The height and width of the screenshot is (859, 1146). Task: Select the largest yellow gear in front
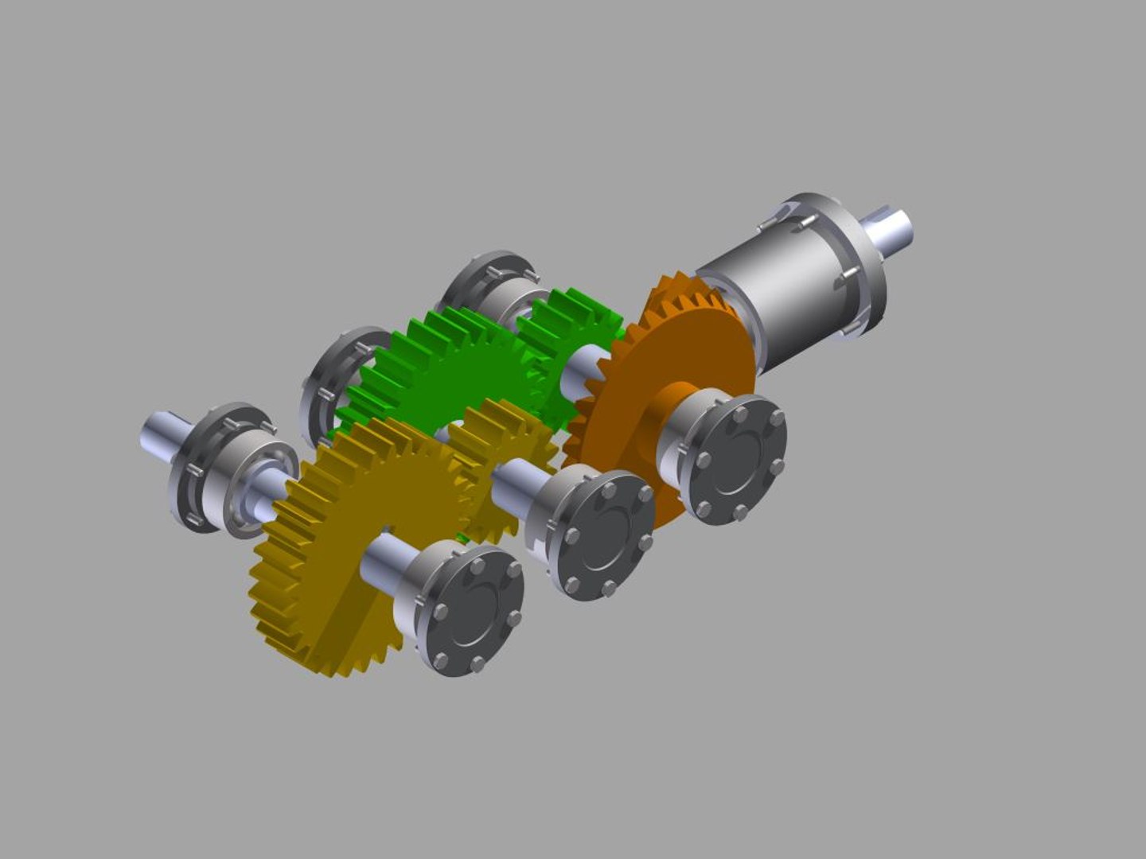326,573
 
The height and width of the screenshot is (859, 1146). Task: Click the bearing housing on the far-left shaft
227,469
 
